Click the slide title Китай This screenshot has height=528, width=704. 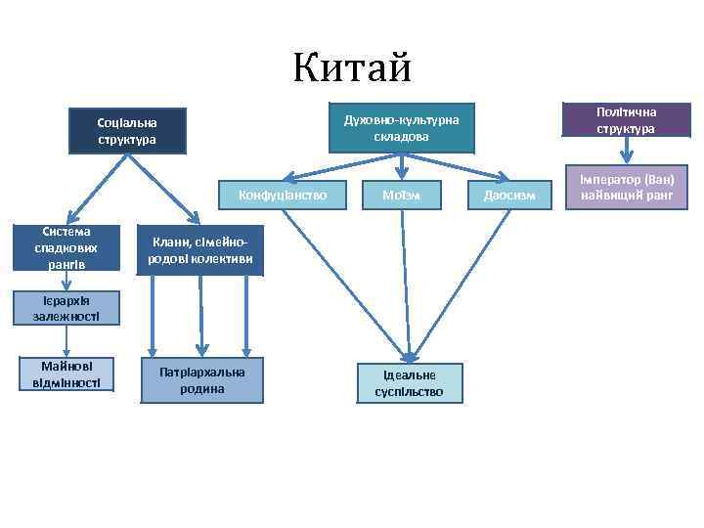pos(352,68)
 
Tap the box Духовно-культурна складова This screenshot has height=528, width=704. pos(401,128)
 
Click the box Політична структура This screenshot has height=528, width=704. pos(627,121)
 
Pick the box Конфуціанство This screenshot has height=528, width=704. pos(283,195)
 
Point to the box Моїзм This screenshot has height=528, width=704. pos(401,195)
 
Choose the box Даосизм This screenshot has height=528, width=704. pos(509,195)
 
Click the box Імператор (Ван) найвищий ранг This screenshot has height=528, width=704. pos(627,187)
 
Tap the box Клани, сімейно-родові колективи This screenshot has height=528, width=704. pos(200,250)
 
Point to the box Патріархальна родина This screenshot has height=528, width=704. pos(202,379)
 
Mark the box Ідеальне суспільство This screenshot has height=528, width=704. pos(409,382)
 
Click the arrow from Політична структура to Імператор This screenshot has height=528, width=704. pos(627,151)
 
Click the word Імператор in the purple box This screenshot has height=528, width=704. pos(608,180)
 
